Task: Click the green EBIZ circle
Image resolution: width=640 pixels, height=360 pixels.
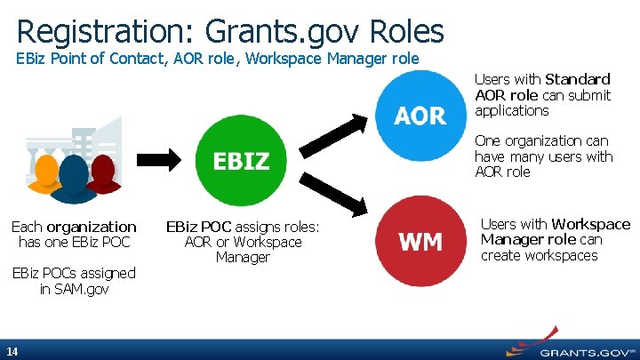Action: [241, 161]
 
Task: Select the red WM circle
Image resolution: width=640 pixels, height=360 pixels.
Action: [420, 241]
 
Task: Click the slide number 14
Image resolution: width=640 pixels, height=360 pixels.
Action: [12, 350]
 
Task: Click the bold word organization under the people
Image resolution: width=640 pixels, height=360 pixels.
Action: [92, 227]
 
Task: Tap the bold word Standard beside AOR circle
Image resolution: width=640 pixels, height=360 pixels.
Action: [578, 80]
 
